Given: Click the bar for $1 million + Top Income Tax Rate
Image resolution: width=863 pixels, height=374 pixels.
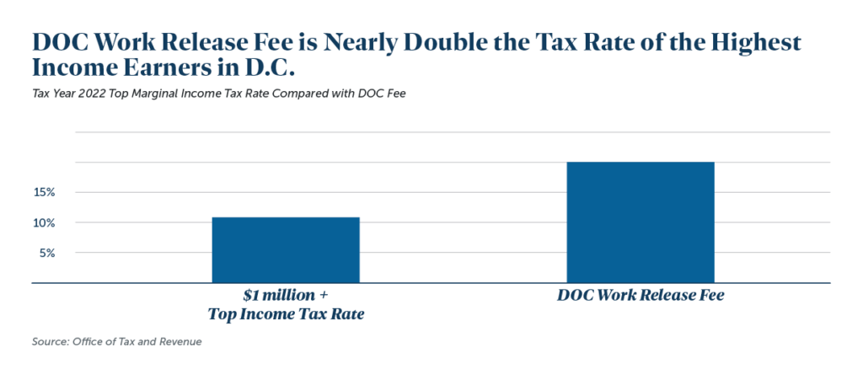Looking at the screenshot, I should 286,250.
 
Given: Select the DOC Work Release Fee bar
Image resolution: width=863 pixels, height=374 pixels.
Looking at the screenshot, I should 641,222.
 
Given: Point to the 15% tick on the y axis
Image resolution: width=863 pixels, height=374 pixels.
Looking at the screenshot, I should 45,193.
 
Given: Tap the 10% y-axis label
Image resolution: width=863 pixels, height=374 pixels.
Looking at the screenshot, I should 45,223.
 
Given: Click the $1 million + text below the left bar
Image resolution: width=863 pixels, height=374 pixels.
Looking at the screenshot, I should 286,297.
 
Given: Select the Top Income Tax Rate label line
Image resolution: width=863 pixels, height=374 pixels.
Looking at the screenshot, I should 286,314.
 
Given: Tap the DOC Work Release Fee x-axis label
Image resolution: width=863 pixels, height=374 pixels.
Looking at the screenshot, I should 641,297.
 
